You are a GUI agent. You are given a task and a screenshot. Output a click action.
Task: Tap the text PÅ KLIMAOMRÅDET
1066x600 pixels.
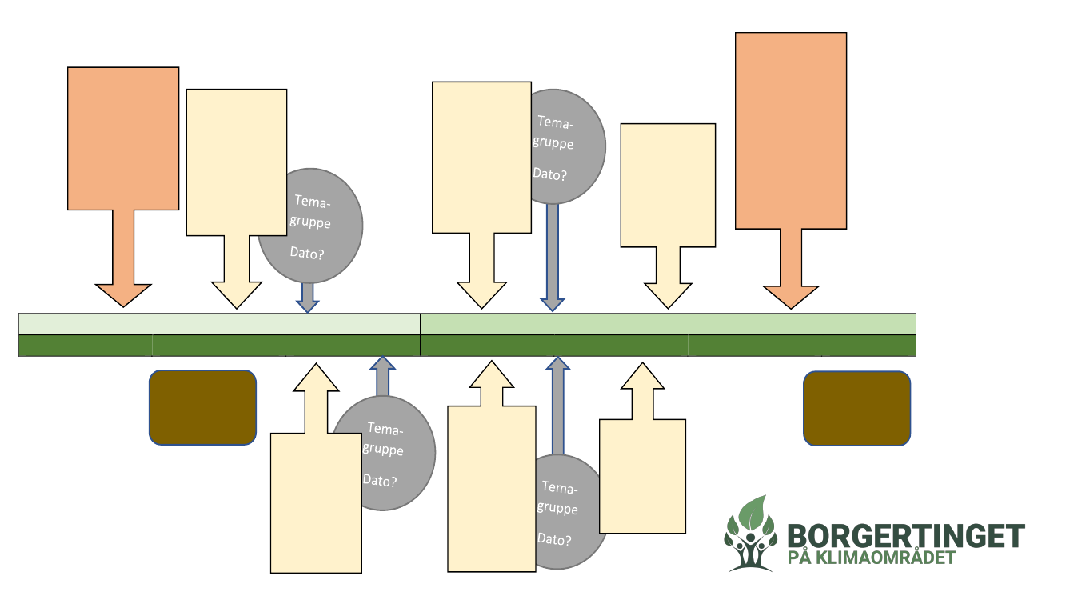click(872, 558)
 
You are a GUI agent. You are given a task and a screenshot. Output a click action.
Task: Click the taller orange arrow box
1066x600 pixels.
click(790, 132)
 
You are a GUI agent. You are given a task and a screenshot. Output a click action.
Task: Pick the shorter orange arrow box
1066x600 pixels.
click(123, 138)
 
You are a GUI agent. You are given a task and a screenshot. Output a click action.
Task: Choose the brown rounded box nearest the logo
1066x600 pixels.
click(856, 408)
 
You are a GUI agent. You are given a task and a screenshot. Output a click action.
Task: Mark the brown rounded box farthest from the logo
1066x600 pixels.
click(202, 407)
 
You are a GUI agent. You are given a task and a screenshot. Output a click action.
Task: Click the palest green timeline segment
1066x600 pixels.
click(218, 324)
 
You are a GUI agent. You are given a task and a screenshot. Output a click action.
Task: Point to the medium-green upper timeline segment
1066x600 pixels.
click(668, 324)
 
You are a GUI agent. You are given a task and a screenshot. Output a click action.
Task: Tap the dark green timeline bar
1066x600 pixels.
click(466, 346)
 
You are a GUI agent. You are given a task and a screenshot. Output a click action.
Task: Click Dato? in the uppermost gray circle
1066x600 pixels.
click(549, 174)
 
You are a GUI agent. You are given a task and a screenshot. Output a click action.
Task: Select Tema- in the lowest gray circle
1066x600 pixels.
click(559, 486)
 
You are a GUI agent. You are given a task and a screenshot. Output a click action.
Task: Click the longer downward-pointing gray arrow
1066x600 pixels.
click(552, 256)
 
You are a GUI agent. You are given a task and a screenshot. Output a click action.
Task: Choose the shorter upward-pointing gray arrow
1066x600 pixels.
click(383, 376)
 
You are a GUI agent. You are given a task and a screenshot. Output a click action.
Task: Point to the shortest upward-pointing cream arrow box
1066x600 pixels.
click(642, 472)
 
